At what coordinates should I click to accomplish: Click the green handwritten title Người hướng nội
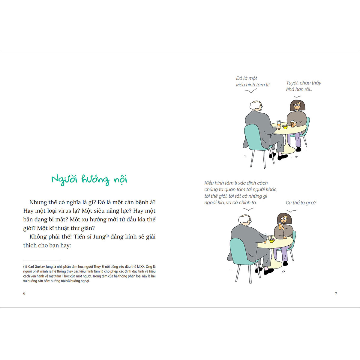(89, 180)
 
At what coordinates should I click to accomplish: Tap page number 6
(24, 293)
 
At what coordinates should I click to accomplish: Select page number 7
(336, 293)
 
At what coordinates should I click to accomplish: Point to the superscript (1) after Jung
(107, 235)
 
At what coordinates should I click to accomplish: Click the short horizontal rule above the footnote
(41, 260)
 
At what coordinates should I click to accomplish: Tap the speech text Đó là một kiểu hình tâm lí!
(253, 82)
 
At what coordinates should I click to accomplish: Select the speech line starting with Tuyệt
(304, 83)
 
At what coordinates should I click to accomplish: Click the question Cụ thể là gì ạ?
(301, 203)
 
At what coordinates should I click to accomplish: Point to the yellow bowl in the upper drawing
(285, 127)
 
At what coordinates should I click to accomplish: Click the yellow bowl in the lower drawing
(271, 241)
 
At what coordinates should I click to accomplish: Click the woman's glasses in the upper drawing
(297, 105)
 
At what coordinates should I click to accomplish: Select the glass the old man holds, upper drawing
(279, 124)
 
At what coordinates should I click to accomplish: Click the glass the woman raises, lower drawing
(280, 225)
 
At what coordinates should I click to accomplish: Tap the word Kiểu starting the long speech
(209, 183)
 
